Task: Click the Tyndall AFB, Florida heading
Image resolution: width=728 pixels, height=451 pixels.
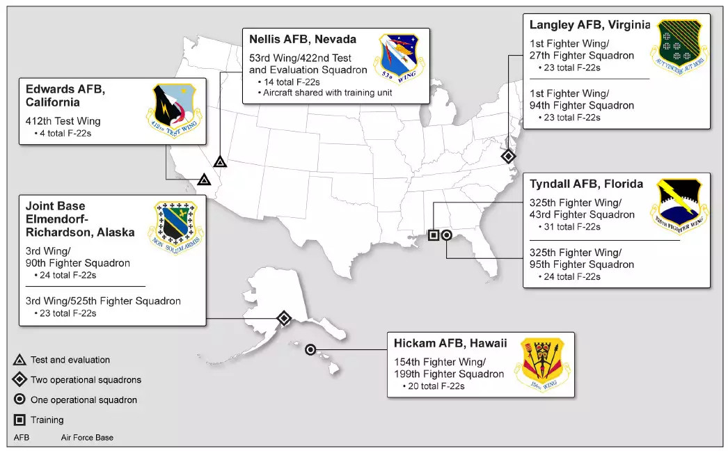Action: (586, 184)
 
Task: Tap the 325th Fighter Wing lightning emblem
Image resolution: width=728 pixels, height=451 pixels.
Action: (678, 205)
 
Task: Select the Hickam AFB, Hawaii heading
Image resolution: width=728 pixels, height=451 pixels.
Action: (450, 343)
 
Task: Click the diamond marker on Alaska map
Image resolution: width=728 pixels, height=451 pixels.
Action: (284, 319)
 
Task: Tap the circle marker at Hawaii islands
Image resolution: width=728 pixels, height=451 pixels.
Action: (310, 349)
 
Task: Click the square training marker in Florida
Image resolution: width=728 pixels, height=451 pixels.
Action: (434, 235)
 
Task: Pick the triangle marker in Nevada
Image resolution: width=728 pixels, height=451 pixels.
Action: (220, 161)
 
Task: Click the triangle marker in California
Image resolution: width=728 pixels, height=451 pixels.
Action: (203, 180)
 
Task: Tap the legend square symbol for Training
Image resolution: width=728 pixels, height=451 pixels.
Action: (20, 420)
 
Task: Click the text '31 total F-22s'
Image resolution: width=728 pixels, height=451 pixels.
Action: (569, 227)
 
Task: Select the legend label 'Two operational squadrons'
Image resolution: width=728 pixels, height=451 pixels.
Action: (86, 380)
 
